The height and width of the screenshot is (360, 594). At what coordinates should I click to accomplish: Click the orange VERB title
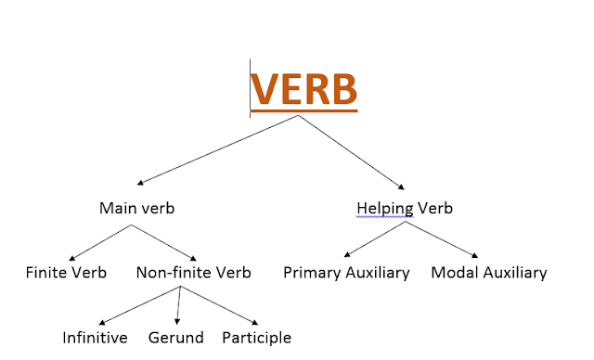pyautogui.click(x=303, y=89)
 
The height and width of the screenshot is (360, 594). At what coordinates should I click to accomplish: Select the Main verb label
pyautogui.click(x=136, y=208)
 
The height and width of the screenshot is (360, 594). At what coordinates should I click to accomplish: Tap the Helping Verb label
pyautogui.click(x=405, y=209)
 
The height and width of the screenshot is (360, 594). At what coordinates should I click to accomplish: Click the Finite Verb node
pyautogui.click(x=66, y=273)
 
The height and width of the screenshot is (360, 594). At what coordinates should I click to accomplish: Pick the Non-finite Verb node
pyautogui.click(x=194, y=273)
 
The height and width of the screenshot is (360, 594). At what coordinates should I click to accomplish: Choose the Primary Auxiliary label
pyautogui.click(x=346, y=273)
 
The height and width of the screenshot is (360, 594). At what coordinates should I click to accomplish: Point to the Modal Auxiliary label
pyautogui.click(x=489, y=273)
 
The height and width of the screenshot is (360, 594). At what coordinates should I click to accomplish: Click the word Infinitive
pyautogui.click(x=95, y=338)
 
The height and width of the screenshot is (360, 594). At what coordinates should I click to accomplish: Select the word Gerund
pyautogui.click(x=176, y=338)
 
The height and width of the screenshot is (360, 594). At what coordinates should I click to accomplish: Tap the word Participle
pyautogui.click(x=257, y=338)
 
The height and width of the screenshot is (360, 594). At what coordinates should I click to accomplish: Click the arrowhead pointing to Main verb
pyautogui.click(x=140, y=183)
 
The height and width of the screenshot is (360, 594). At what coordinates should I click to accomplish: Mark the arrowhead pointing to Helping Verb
pyautogui.click(x=401, y=186)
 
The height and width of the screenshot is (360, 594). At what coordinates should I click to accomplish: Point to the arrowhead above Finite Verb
pyautogui.click(x=72, y=259)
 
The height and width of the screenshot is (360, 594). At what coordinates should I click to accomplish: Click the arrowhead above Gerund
pyautogui.click(x=177, y=322)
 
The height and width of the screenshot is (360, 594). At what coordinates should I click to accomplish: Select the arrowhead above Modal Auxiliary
pyautogui.click(x=474, y=255)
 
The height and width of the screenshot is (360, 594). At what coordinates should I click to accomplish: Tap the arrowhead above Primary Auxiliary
pyautogui.click(x=347, y=254)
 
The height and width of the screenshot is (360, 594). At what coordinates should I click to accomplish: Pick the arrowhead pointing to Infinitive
pyautogui.click(x=102, y=323)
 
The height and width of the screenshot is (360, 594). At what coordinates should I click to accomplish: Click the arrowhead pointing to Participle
pyautogui.click(x=255, y=323)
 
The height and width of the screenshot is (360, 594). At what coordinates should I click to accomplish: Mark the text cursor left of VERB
pyautogui.click(x=250, y=88)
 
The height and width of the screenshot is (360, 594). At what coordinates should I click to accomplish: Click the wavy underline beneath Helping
pyautogui.click(x=385, y=217)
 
